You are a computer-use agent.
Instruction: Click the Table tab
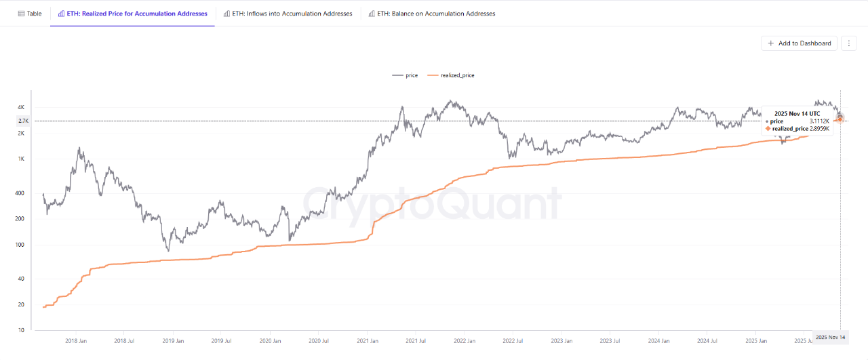point(30,14)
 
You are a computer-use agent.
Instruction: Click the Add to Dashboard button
point(800,43)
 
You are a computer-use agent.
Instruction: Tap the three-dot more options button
point(848,43)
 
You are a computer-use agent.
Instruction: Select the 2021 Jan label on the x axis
point(367,341)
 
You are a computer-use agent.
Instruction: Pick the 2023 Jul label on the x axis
point(610,341)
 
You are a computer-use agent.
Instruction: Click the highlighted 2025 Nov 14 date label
point(831,337)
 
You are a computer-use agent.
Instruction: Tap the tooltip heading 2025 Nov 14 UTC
point(797,113)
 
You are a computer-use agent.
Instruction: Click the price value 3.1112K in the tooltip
point(819,121)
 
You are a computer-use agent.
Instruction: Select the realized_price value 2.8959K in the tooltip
point(819,128)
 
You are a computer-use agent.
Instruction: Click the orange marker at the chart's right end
point(840,120)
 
